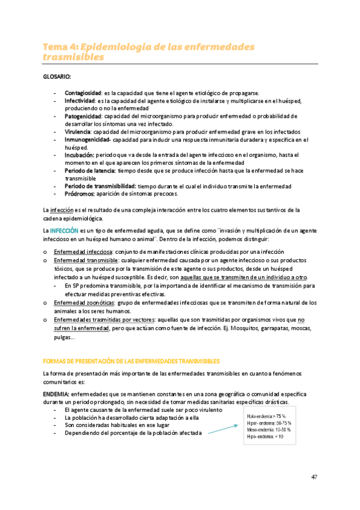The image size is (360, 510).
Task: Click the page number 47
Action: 314,477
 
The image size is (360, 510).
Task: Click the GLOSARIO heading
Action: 56,76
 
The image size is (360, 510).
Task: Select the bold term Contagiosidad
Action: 82,94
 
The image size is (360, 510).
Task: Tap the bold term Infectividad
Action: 79,102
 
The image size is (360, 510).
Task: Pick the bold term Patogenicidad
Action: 82,116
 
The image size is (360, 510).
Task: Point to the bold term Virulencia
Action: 78,131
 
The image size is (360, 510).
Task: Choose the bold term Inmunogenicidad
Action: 86,140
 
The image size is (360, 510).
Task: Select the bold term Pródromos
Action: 79,194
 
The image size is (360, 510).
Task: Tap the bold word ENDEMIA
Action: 56,394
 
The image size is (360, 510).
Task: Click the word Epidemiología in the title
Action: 124,47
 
